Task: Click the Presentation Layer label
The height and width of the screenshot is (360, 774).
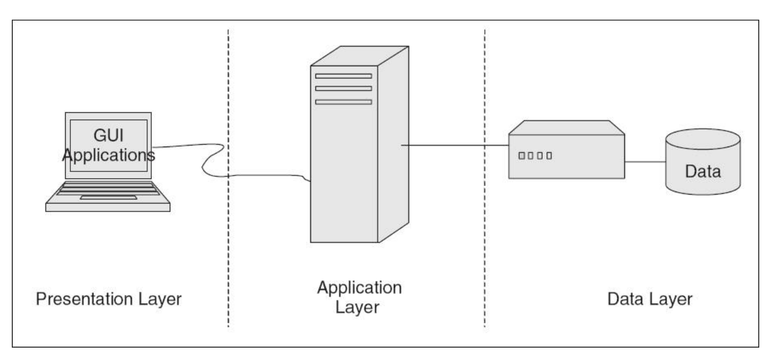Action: pyautogui.click(x=108, y=299)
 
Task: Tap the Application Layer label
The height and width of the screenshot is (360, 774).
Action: pyautogui.click(x=359, y=297)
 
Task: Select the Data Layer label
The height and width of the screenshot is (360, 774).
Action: pyautogui.click(x=650, y=299)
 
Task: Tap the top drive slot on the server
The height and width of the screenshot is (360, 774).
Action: pyautogui.click(x=344, y=76)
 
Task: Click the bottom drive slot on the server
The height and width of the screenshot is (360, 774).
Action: pyautogui.click(x=344, y=102)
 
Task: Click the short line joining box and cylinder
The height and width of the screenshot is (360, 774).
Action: pyautogui.click(x=645, y=161)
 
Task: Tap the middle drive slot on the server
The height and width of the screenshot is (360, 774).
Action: pyautogui.click(x=344, y=89)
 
